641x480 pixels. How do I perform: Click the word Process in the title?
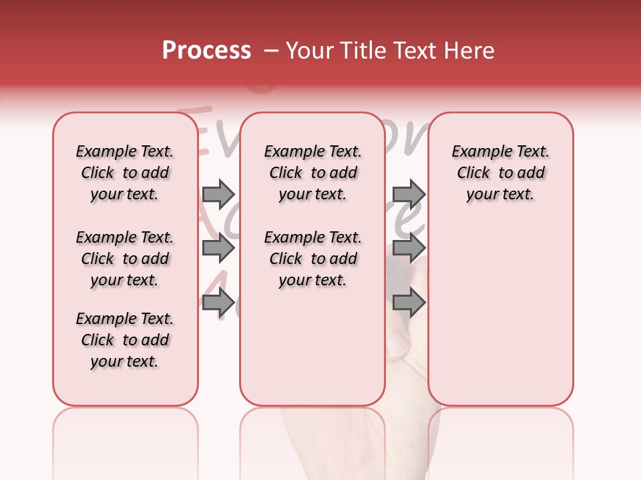coord(206,51)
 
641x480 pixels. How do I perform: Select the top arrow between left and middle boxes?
coord(218,194)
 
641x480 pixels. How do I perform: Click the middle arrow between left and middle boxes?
coord(218,249)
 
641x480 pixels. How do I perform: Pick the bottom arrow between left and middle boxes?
coord(218,303)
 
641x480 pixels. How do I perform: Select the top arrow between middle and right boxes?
coord(409,194)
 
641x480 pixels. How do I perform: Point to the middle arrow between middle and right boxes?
coord(409,249)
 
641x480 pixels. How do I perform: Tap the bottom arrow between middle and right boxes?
coord(409,303)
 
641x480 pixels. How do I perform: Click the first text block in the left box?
coord(125,173)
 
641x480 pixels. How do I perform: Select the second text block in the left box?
coord(125,259)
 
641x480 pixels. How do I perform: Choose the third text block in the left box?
coord(125,340)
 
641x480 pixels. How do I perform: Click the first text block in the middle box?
coord(312,173)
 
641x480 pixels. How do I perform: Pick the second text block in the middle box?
coord(312,259)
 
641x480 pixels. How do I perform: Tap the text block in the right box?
coord(500,173)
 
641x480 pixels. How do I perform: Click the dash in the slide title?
coord(271,51)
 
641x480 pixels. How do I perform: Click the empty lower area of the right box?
coord(500,313)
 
